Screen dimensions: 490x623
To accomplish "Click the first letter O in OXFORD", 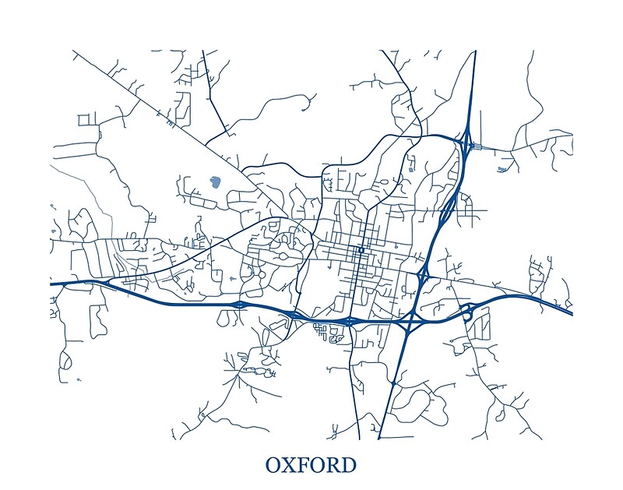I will click(275, 465).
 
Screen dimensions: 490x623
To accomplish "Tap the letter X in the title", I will click(292, 465).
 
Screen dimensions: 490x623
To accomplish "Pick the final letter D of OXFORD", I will click(349, 465).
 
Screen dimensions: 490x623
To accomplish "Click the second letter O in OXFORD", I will click(319, 465).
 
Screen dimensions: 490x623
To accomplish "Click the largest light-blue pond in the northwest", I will click(215, 182).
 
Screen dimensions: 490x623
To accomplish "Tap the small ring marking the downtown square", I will click(360, 250).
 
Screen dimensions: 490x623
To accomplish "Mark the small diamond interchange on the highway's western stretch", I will click(240, 303).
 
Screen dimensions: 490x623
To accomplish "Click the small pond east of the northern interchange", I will click(502, 168).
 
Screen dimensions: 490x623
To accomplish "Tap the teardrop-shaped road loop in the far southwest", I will click(65, 361).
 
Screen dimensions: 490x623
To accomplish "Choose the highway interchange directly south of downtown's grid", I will click(350, 320).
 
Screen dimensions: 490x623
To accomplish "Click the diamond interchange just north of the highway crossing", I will click(424, 274).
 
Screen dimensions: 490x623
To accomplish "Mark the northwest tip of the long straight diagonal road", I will click(73, 51).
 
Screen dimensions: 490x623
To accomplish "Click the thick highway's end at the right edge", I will click(571, 313).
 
